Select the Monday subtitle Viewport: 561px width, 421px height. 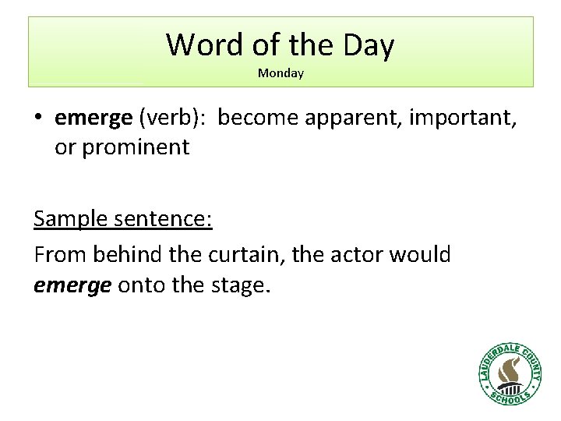(280, 73)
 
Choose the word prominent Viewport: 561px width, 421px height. (136, 147)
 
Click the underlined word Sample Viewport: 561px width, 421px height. (72, 220)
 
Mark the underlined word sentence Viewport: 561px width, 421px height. (164, 219)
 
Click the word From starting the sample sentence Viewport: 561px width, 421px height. (60, 254)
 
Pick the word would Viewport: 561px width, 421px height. (422, 254)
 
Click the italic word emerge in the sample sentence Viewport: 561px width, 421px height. (72, 286)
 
